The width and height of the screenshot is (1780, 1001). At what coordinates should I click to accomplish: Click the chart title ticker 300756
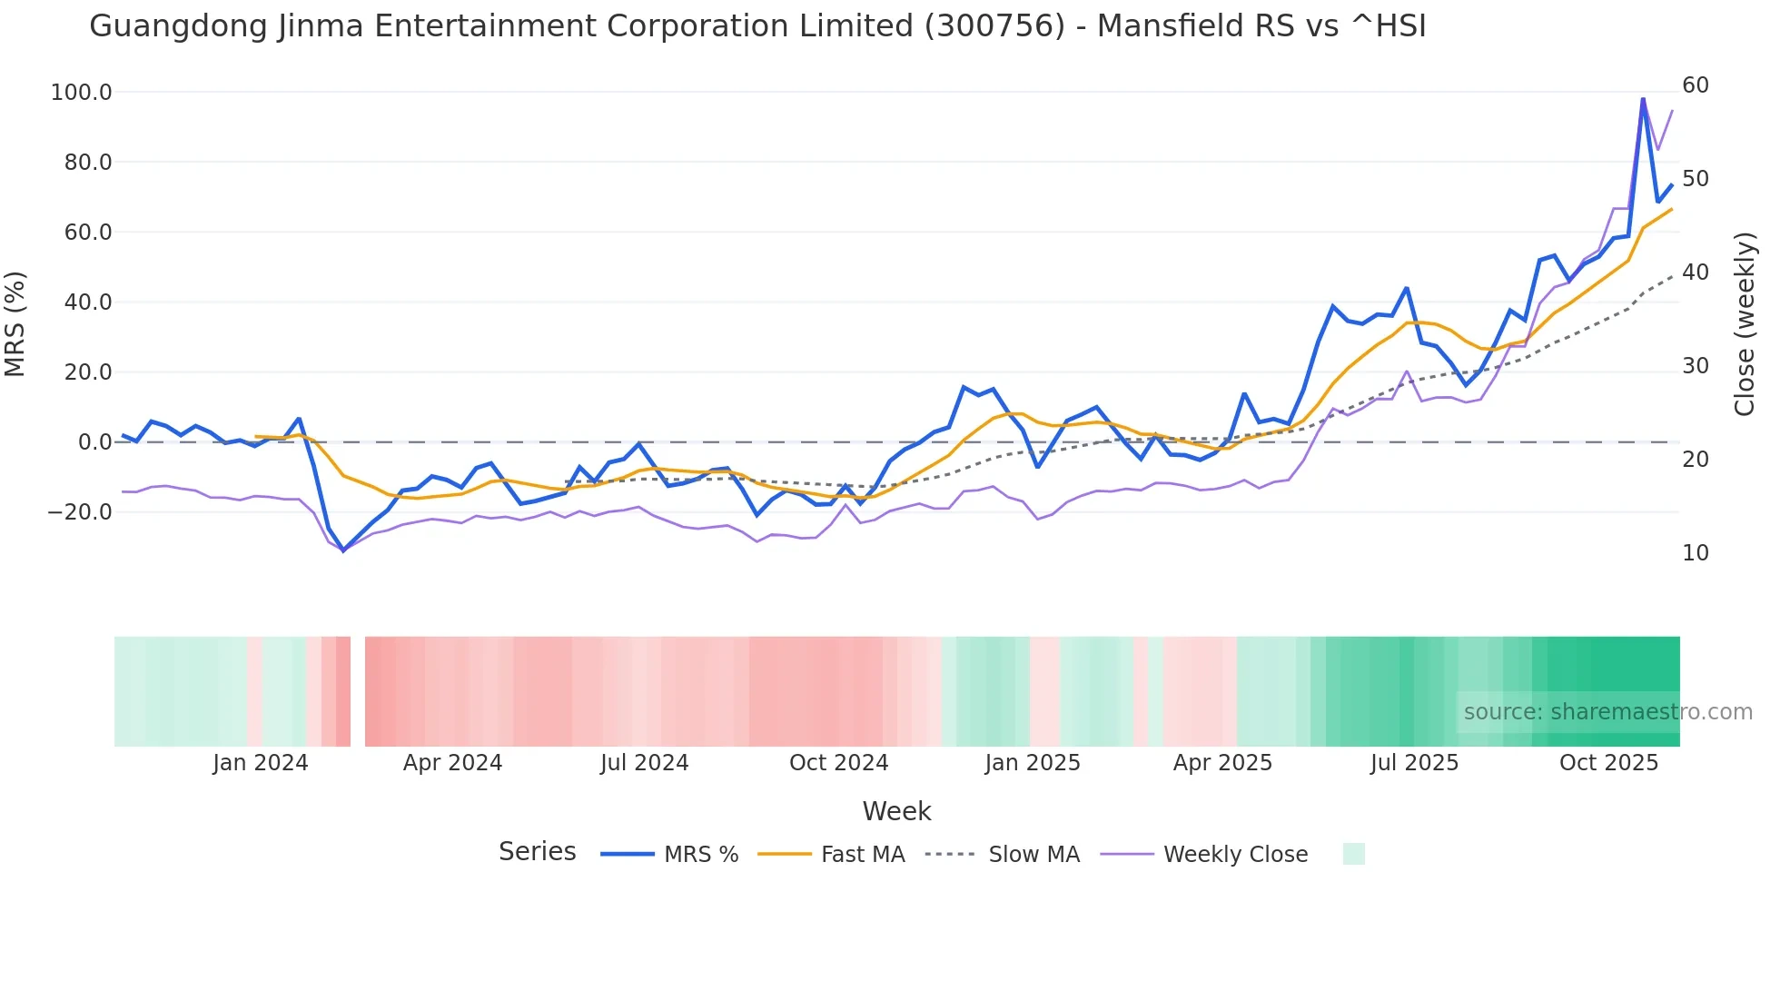pyautogui.click(x=994, y=26)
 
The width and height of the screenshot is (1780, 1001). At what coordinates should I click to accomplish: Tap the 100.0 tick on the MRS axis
pyautogui.click(x=82, y=93)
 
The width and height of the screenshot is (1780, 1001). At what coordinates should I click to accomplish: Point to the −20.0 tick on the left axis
pyautogui.click(x=80, y=512)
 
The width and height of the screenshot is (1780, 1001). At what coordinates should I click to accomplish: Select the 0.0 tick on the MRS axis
pyautogui.click(x=94, y=442)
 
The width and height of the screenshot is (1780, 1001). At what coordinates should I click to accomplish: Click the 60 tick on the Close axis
pyautogui.click(x=1695, y=85)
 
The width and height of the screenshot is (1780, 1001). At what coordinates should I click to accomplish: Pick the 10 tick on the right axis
pyautogui.click(x=1695, y=553)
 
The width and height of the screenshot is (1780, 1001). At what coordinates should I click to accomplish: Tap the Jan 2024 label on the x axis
pyautogui.click(x=261, y=763)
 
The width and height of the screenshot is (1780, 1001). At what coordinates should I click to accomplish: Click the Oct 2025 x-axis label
pyautogui.click(x=1608, y=763)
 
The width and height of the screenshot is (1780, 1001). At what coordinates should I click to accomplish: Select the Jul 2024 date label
pyautogui.click(x=645, y=763)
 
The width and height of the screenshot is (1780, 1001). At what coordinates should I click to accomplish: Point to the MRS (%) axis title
pyautogui.click(x=15, y=324)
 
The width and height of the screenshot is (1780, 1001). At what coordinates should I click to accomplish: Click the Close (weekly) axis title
pyautogui.click(x=1745, y=324)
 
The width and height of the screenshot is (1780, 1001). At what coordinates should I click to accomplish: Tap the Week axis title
pyautogui.click(x=896, y=811)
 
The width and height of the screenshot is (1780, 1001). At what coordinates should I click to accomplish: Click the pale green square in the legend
pyautogui.click(x=1353, y=854)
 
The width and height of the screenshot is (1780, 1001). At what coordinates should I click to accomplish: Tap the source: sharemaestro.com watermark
pyautogui.click(x=1607, y=712)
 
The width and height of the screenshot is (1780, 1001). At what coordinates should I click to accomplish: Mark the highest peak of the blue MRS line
pyautogui.click(x=1643, y=98)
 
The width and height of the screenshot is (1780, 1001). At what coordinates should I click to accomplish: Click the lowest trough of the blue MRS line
pyautogui.click(x=343, y=550)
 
